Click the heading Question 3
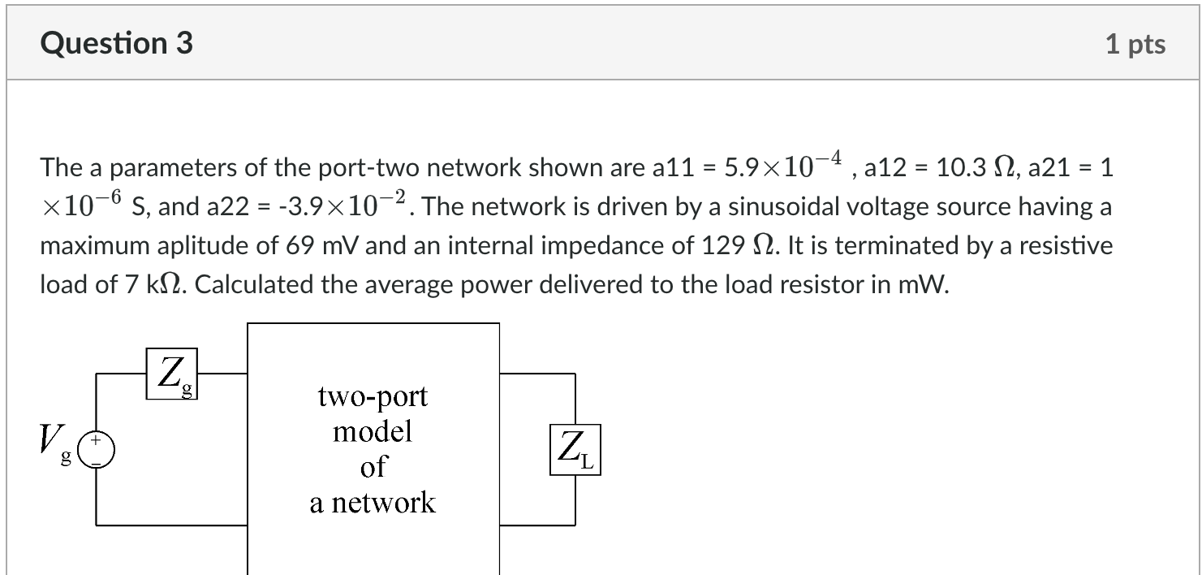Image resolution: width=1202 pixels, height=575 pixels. tap(117, 43)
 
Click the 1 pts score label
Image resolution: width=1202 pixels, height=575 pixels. tap(1135, 45)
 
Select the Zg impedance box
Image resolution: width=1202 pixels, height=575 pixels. tap(171, 374)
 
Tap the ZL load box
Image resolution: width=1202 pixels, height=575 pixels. tap(575, 449)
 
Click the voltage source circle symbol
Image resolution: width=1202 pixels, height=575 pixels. tap(97, 449)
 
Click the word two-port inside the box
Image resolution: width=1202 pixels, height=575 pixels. tap(373, 396)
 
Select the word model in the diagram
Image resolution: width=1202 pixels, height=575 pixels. tap(373, 431)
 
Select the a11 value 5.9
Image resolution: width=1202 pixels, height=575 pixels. tap(740, 168)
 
